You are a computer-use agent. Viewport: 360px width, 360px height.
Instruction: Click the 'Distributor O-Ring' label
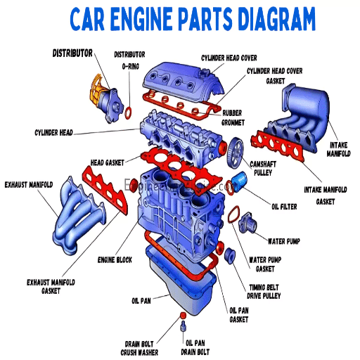129,59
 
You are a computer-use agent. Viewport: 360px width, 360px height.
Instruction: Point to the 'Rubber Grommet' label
232,116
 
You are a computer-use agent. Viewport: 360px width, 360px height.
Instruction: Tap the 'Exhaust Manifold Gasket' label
50,286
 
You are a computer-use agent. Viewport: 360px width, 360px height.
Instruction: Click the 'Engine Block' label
115,260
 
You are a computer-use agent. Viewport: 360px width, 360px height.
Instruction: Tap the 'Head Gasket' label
107,162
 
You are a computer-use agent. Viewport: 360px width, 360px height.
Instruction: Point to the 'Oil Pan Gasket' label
238,315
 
